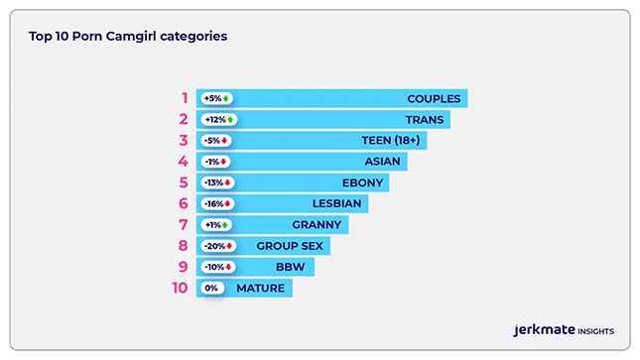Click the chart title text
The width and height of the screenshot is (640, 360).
[128, 36]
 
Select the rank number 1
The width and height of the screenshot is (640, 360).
[184, 98]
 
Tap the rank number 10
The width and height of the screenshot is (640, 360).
[180, 289]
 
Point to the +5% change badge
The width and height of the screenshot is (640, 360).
[216, 98]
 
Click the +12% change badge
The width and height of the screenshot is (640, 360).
[218, 120]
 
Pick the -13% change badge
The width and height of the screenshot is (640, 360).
[216, 182]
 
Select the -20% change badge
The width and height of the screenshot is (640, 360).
[216, 246]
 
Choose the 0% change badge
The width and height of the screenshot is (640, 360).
[211, 289]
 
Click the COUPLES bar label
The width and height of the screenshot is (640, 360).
[434, 98]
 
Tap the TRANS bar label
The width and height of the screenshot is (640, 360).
[425, 120]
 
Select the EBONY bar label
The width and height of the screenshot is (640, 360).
[362, 182]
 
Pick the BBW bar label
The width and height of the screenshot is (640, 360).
[291, 267]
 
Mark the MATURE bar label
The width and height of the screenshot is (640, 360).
[261, 289]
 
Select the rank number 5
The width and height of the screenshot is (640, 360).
[184, 182]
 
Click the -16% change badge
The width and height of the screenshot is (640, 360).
[216, 204]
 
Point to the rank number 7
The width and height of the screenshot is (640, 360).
[184, 225]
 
